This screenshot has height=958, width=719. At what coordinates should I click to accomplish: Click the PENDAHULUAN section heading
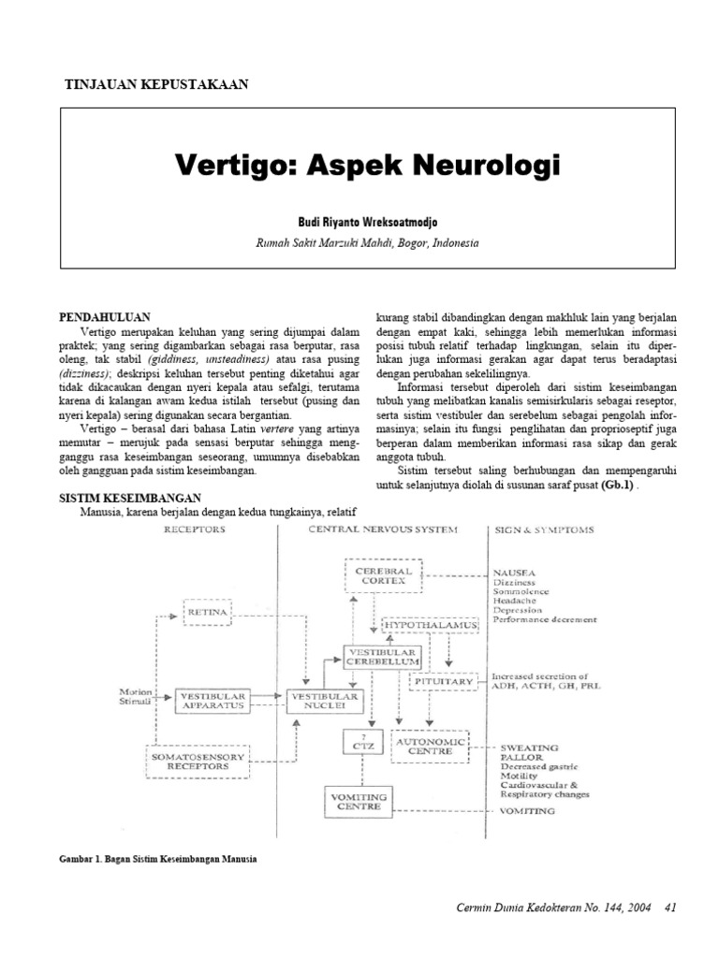tap(105, 318)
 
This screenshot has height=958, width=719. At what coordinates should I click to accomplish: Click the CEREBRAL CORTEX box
tap(385, 574)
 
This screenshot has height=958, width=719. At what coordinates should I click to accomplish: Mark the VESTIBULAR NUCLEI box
tap(323, 701)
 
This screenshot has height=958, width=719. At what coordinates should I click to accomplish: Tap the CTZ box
tap(359, 746)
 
